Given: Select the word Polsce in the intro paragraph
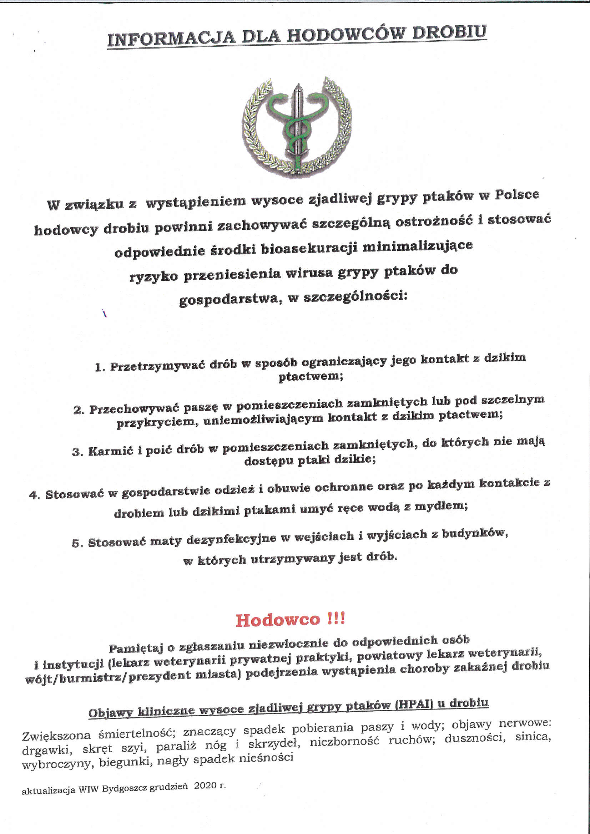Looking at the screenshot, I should (516, 195).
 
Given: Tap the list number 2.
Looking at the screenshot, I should (78, 411).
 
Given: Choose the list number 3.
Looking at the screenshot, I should (77, 452).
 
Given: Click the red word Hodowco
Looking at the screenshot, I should (278, 620).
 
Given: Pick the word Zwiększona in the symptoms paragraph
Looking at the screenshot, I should (56, 736).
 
